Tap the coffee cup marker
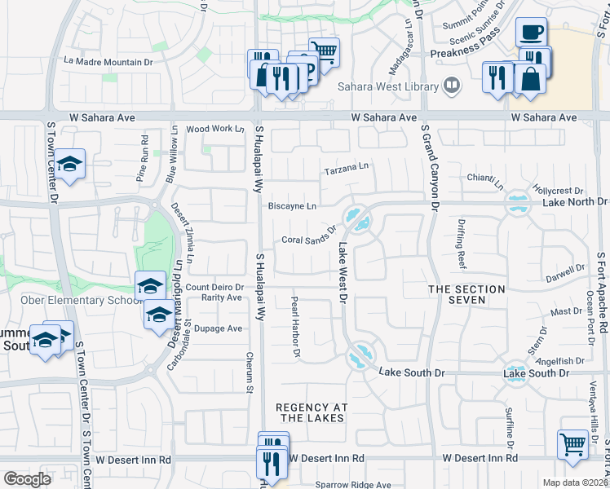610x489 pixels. coord(531,33)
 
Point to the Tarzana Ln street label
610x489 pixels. coord(347,169)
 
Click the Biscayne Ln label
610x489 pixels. coord(292,206)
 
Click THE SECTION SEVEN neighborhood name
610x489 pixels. coord(467,294)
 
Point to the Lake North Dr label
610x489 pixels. coord(574,201)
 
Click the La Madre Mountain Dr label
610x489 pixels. coord(108,61)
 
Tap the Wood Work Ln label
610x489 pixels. coord(215,129)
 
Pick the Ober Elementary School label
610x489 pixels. coord(69,300)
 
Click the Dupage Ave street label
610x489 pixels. coord(223,328)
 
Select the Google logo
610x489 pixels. coord(27,478)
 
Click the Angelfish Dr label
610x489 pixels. coord(562,359)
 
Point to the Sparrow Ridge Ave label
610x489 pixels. coord(353,484)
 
